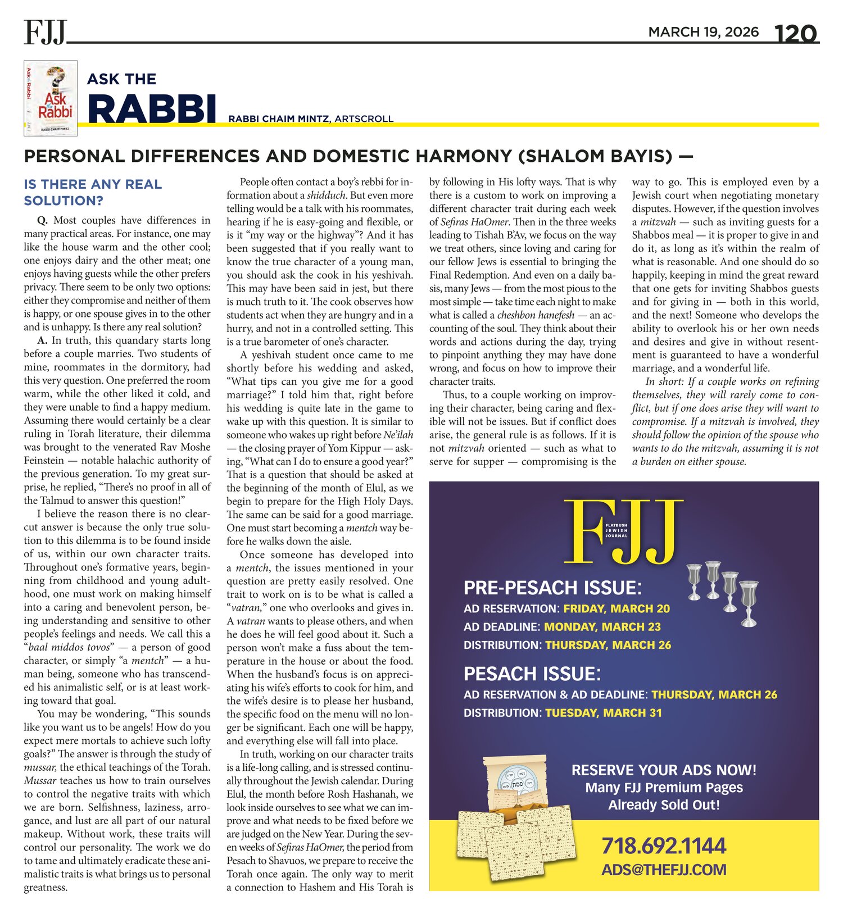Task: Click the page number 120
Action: coord(796,34)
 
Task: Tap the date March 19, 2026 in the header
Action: coord(703,32)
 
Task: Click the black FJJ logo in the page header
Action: coord(45,32)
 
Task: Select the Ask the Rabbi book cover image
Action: coord(51,99)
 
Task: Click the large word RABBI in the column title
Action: coord(152,108)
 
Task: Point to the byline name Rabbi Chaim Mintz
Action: coord(279,119)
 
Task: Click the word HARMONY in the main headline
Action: coord(454,156)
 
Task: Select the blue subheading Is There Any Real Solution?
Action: coord(93,192)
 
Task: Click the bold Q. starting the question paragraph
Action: coord(43,220)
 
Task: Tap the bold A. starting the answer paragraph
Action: coord(42,340)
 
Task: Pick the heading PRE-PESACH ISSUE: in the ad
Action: coord(552,588)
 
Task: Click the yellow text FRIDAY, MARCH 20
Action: coord(617,609)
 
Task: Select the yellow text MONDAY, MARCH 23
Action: coord(602,627)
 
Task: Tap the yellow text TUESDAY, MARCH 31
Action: coord(604,713)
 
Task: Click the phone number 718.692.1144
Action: coord(664,845)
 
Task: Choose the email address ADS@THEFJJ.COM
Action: coord(664,870)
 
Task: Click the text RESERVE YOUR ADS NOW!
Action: coord(664,770)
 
